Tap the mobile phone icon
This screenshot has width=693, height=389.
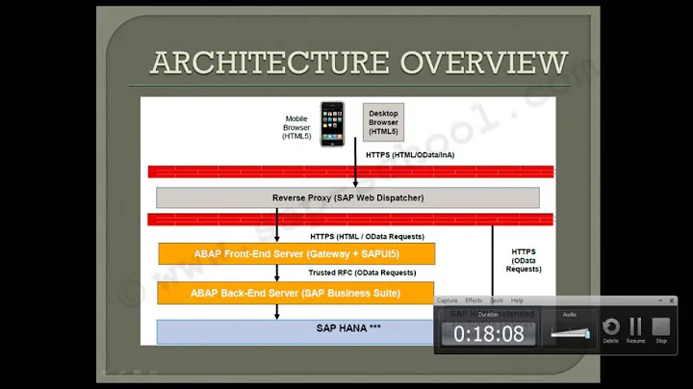pos(332,122)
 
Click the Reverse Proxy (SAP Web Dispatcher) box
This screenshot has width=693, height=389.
pos(347,197)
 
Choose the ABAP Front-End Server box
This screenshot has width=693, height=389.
pos(296,253)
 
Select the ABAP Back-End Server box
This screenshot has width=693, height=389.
pos(295,292)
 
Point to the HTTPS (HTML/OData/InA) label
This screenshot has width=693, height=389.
pos(412,154)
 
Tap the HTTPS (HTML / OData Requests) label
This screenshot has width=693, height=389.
pos(367,236)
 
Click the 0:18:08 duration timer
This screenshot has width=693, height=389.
pos(488,334)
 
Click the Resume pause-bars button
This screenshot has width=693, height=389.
pos(635,327)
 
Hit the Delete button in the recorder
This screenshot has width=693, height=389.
pos(610,327)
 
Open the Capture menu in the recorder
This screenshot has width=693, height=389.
pos(448,300)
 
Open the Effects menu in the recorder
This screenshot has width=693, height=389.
pos(474,300)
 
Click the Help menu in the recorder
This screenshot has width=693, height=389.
pos(517,300)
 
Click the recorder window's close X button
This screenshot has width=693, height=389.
pos(672,300)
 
